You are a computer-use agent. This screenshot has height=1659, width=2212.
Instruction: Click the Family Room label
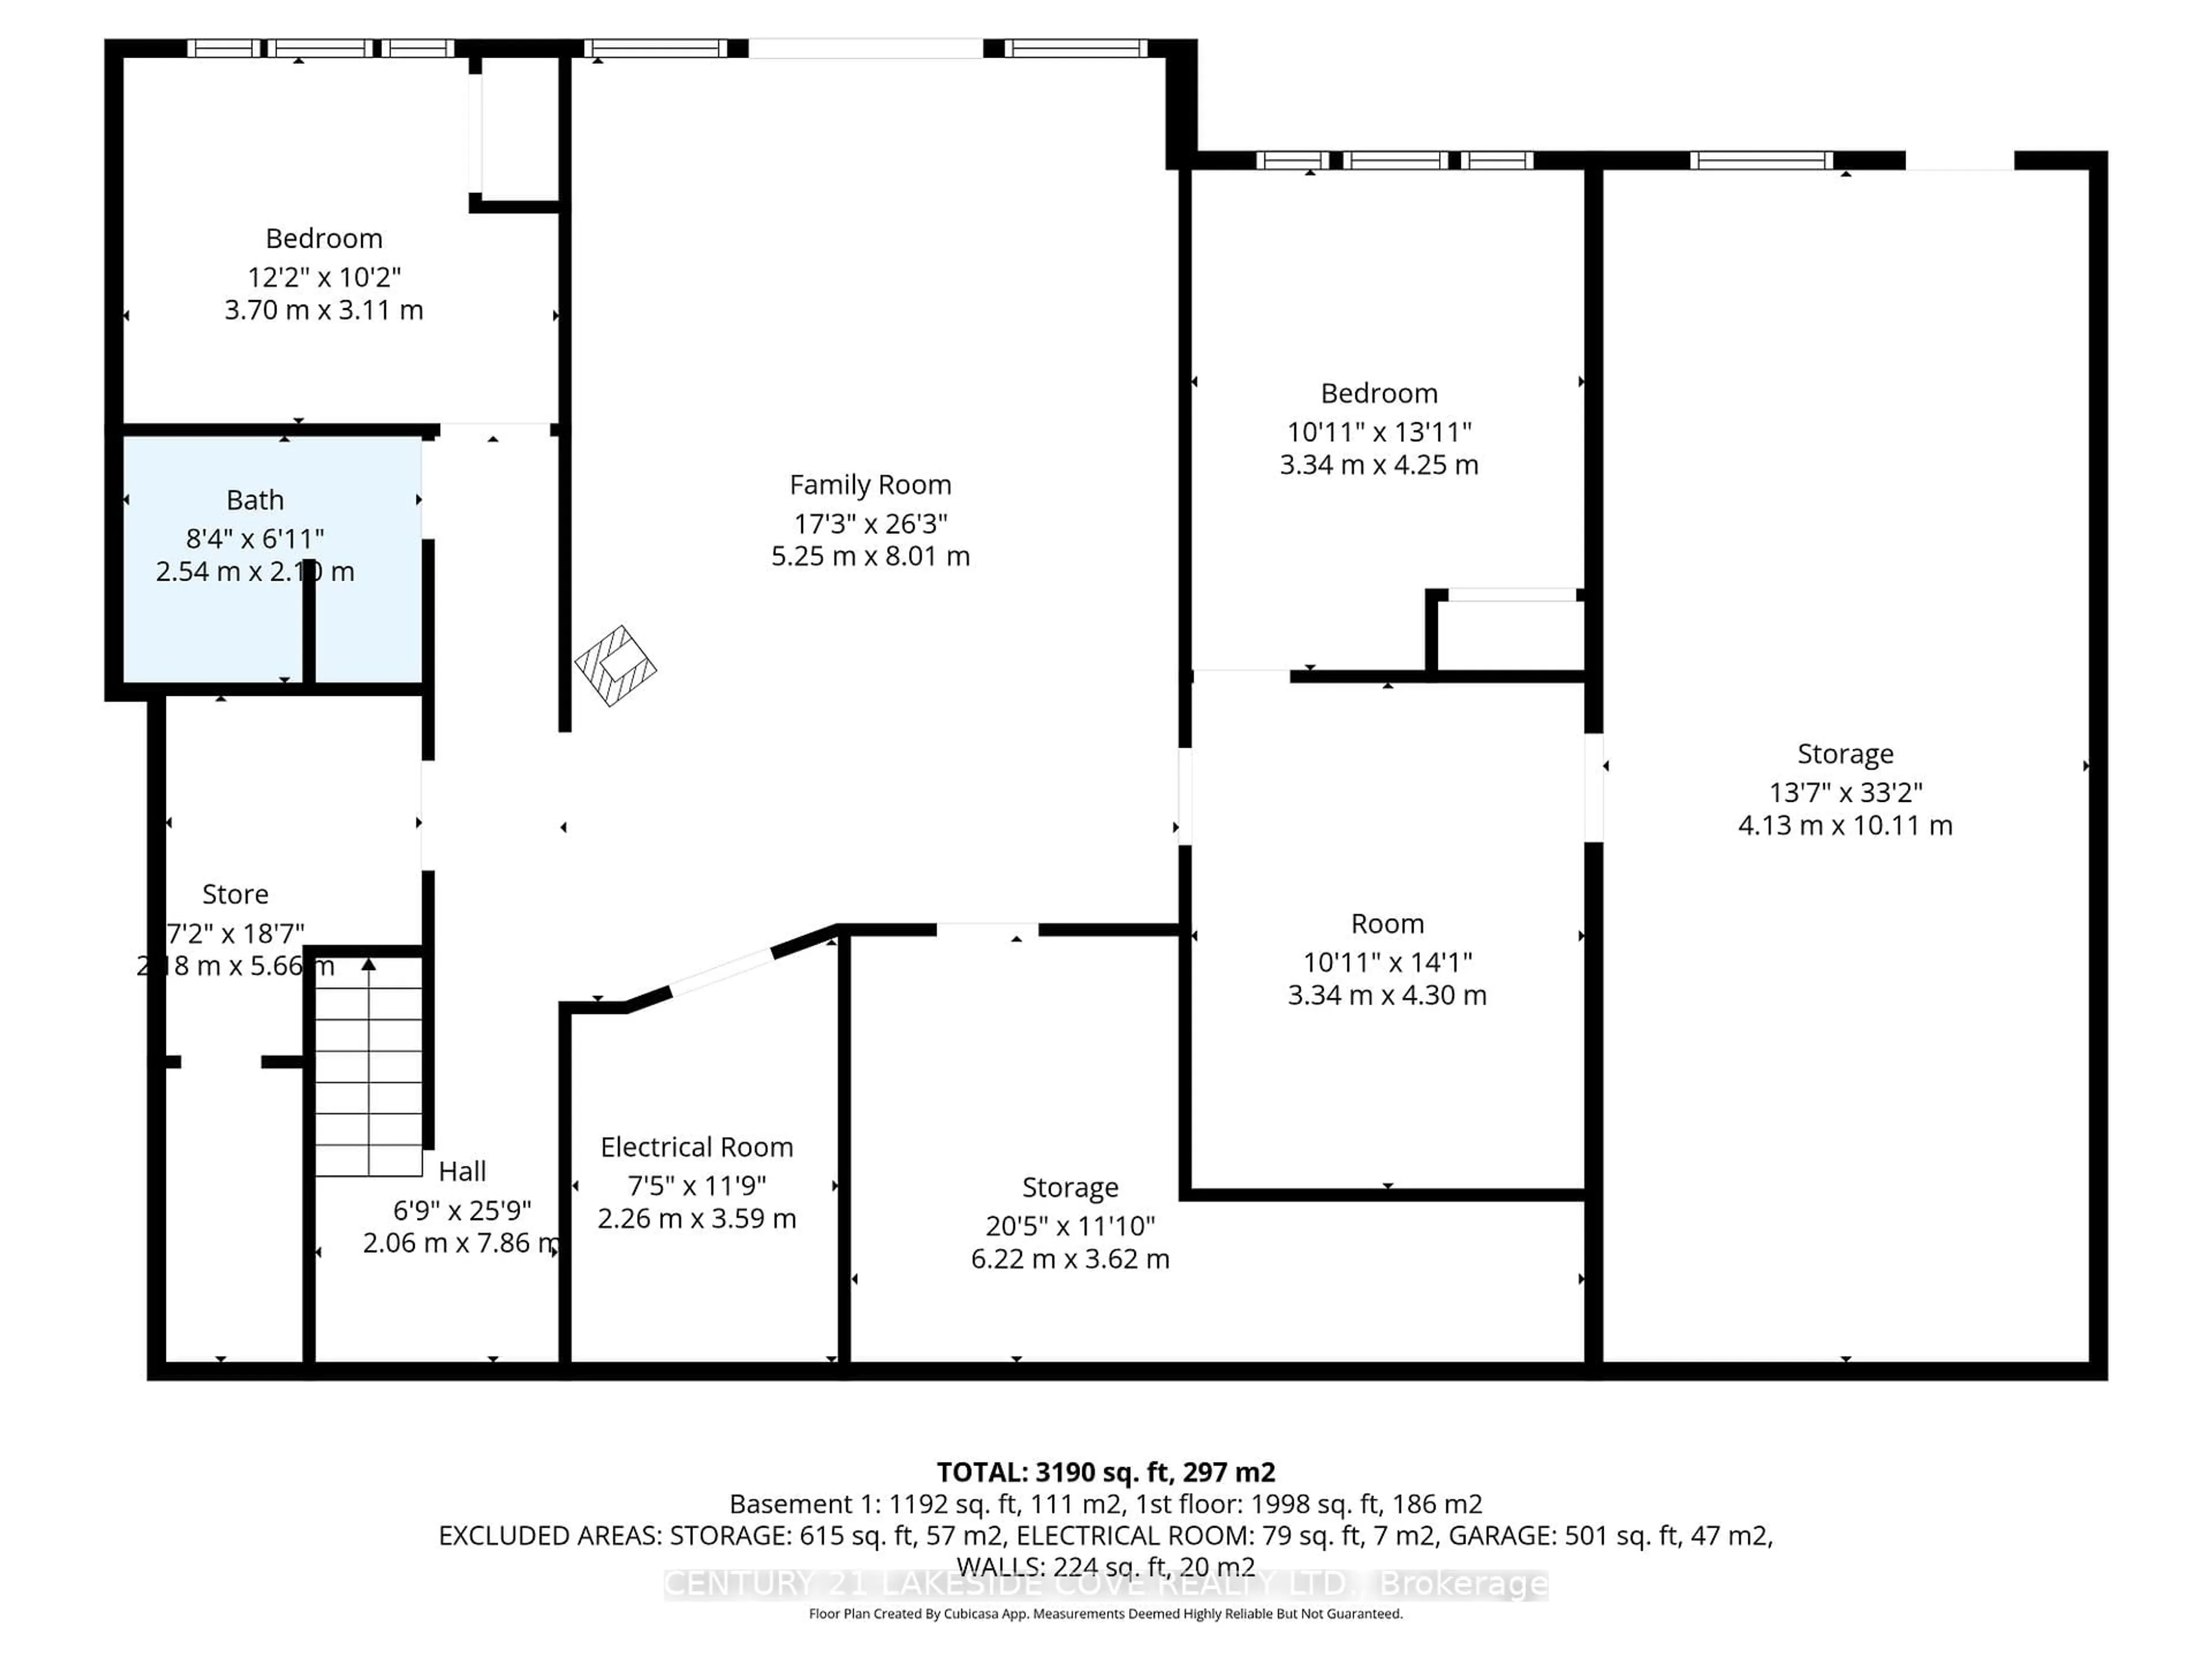(x=870, y=485)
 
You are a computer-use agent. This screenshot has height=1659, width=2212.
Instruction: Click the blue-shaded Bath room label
(x=255, y=500)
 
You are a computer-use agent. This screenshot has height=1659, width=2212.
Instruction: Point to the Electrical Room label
(x=697, y=1147)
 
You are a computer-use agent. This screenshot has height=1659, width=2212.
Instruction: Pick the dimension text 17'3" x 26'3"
(x=870, y=523)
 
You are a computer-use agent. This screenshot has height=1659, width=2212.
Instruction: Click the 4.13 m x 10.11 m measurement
(x=1845, y=825)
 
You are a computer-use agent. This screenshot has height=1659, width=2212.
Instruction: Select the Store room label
(x=235, y=894)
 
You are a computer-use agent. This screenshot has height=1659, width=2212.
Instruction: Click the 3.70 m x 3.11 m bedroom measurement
(x=324, y=310)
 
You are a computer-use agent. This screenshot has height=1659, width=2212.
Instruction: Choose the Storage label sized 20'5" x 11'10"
(x=1070, y=1187)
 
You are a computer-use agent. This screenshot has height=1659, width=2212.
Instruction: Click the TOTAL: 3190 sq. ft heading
(x=1105, y=1472)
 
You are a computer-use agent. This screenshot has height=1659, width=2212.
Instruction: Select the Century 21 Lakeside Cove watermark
(x=1105, y=1584)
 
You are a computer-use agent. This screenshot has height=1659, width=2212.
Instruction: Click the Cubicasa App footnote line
(x=1105, y=1614)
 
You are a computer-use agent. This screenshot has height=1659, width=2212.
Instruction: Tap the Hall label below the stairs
(x=462, y=1171)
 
